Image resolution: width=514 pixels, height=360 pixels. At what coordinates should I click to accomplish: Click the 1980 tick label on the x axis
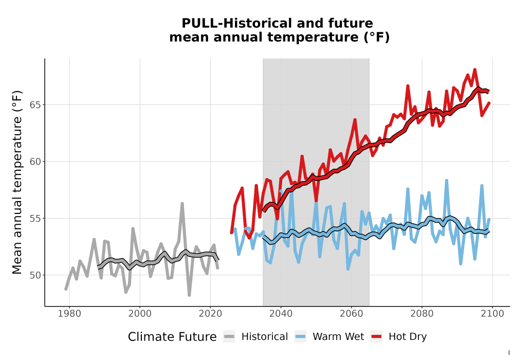tap(69, 314)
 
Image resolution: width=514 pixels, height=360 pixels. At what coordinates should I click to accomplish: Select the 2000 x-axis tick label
tap(140, 314)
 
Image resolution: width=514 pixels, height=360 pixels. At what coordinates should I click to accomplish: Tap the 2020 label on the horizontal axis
tap(210, 314)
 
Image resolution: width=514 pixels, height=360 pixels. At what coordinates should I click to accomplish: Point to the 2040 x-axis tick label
tap(281, 314)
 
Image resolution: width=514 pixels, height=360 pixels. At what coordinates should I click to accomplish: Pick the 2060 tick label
tap(352, 314)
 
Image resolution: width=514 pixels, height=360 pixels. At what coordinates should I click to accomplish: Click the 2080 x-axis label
tap(422, 314)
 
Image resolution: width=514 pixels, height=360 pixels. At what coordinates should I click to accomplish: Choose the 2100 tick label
tap(492, 314)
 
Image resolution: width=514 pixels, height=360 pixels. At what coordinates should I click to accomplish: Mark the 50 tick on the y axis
tap(35, 275)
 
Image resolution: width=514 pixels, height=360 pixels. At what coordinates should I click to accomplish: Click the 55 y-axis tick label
tap(35, 219)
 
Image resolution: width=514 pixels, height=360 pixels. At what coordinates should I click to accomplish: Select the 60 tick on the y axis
tap(35, 161)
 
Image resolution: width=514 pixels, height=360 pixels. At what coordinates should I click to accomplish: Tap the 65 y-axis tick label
tap(35, 105)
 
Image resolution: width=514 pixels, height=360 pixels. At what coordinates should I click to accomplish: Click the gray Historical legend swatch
tap(229, 337)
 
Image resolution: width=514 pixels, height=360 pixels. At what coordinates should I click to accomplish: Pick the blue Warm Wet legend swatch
tap(300, 337)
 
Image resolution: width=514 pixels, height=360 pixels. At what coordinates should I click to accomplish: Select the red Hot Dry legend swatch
tap(376, 337)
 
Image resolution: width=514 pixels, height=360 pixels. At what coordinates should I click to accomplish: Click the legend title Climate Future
tap(172, 337)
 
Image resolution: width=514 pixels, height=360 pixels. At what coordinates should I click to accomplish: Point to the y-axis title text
tap(17, 182)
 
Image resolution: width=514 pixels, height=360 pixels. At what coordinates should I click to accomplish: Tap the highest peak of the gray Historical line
tap(182, 204)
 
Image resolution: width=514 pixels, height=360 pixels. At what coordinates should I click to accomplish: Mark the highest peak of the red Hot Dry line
tap(474, 69)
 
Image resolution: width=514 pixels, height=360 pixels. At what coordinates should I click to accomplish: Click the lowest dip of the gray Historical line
tap(189, 295)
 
